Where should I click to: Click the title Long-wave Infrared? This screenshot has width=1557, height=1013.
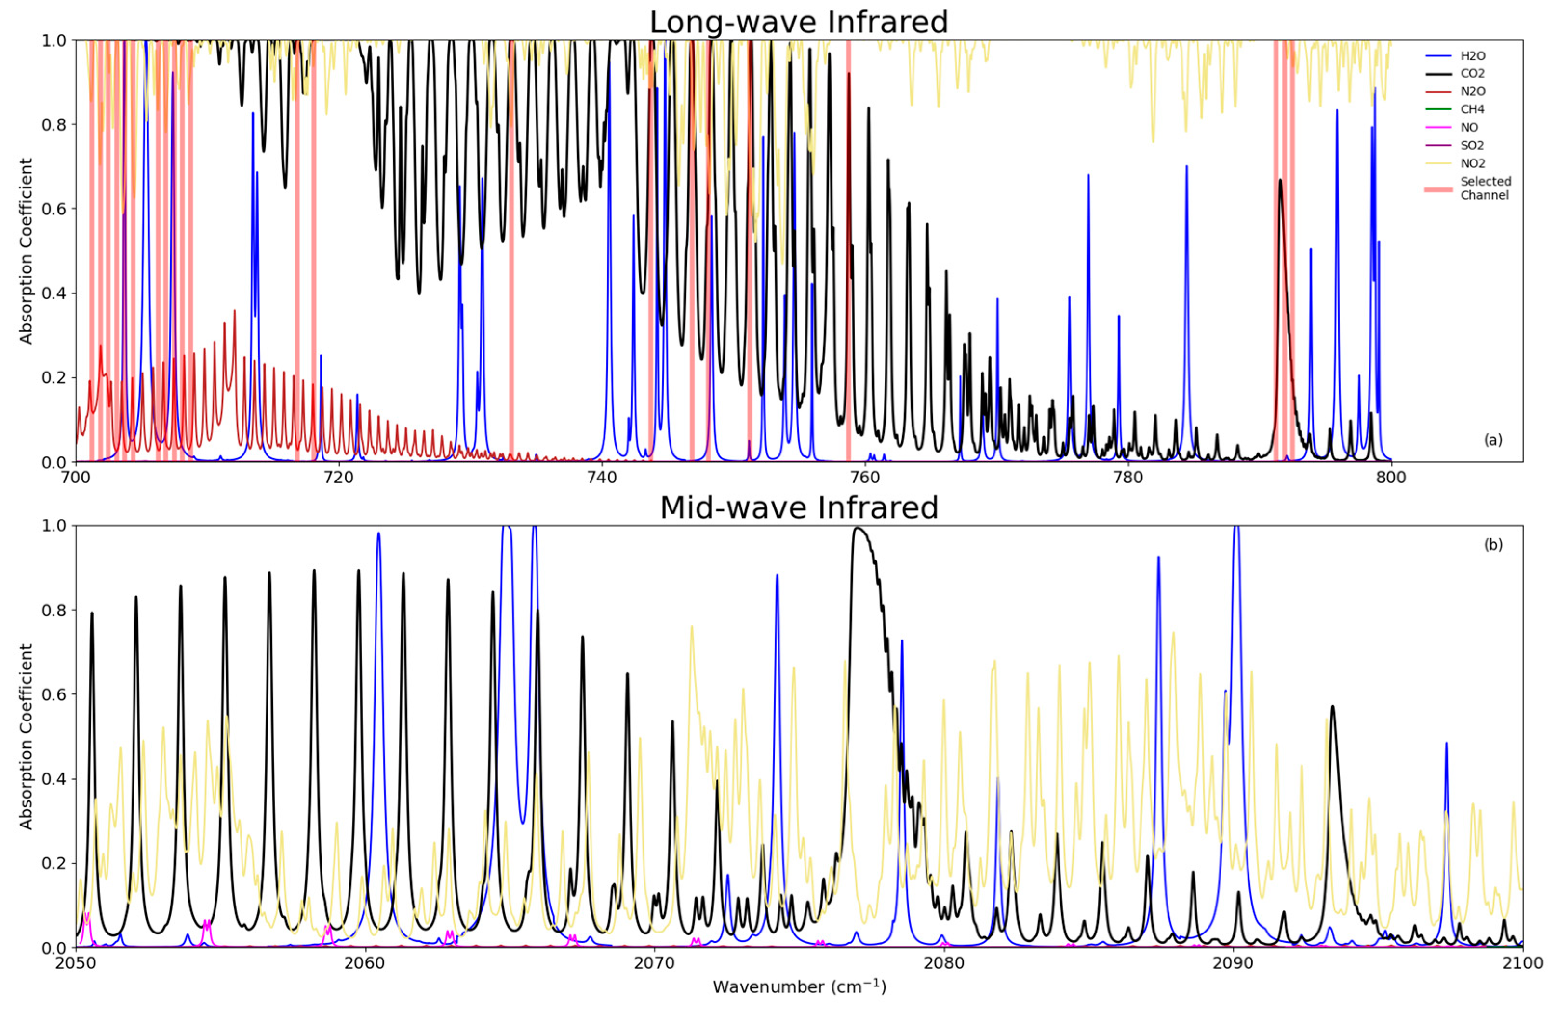coord(798,22)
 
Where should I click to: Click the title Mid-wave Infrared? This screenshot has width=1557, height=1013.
coord(798,508)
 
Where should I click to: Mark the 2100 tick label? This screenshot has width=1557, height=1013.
coord(1522,963)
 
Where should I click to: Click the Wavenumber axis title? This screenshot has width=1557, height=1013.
coord(799,986)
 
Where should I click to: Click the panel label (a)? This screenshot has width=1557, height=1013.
coord(1492,440)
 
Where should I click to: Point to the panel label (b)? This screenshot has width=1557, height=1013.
coord(1492,545)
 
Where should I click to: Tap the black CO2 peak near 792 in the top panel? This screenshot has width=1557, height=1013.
coord(1280,183)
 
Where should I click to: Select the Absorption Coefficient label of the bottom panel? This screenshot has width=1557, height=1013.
coord(26,736)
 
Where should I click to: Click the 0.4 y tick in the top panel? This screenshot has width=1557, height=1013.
coord(54,293)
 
